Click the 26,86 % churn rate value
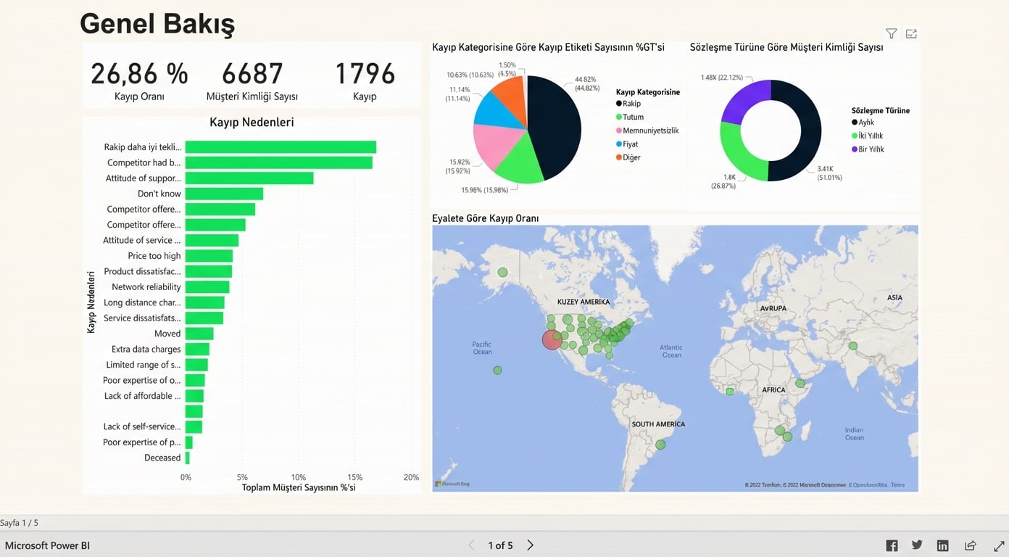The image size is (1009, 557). (139, 74)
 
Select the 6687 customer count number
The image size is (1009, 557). (252, 74)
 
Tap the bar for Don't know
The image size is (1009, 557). (224, 194)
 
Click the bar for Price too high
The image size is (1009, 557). (209, 256)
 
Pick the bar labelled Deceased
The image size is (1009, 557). (188, 458)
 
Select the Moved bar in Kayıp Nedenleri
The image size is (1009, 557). (199, 334)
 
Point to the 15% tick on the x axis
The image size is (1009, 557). (355, 477)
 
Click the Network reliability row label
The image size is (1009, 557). (146, 287)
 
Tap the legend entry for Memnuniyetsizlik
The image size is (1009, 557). (650, 131)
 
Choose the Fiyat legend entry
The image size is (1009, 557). (630, 144)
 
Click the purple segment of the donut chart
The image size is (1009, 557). (743, 102)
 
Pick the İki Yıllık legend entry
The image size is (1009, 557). (870, 136)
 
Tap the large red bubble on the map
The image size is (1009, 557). (552, 339)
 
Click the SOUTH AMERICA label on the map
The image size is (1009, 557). (658, 424)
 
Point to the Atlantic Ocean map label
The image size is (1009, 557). (671, 351)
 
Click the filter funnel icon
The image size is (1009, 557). (891, 33)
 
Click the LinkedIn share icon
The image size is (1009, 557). (942, 545)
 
